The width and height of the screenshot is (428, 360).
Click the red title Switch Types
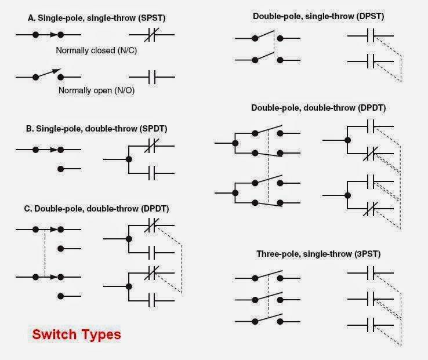click(77, 334)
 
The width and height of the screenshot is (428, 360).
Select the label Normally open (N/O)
click(96, 90)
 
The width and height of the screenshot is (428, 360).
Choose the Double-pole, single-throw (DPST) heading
click(318, 16)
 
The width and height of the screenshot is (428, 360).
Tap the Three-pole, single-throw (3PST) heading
click(318, 254)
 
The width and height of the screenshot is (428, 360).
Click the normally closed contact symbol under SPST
click(151, 36)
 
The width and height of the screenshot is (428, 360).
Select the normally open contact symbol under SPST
click(151, 77)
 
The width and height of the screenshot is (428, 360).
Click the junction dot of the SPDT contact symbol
click(129, 159)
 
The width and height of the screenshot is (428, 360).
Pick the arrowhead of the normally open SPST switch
click(57, 71)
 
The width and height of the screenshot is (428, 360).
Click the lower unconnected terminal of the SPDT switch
click(61, 169)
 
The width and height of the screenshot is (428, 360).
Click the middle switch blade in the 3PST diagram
click(268, 294)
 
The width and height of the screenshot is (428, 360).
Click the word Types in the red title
click(101, 334)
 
